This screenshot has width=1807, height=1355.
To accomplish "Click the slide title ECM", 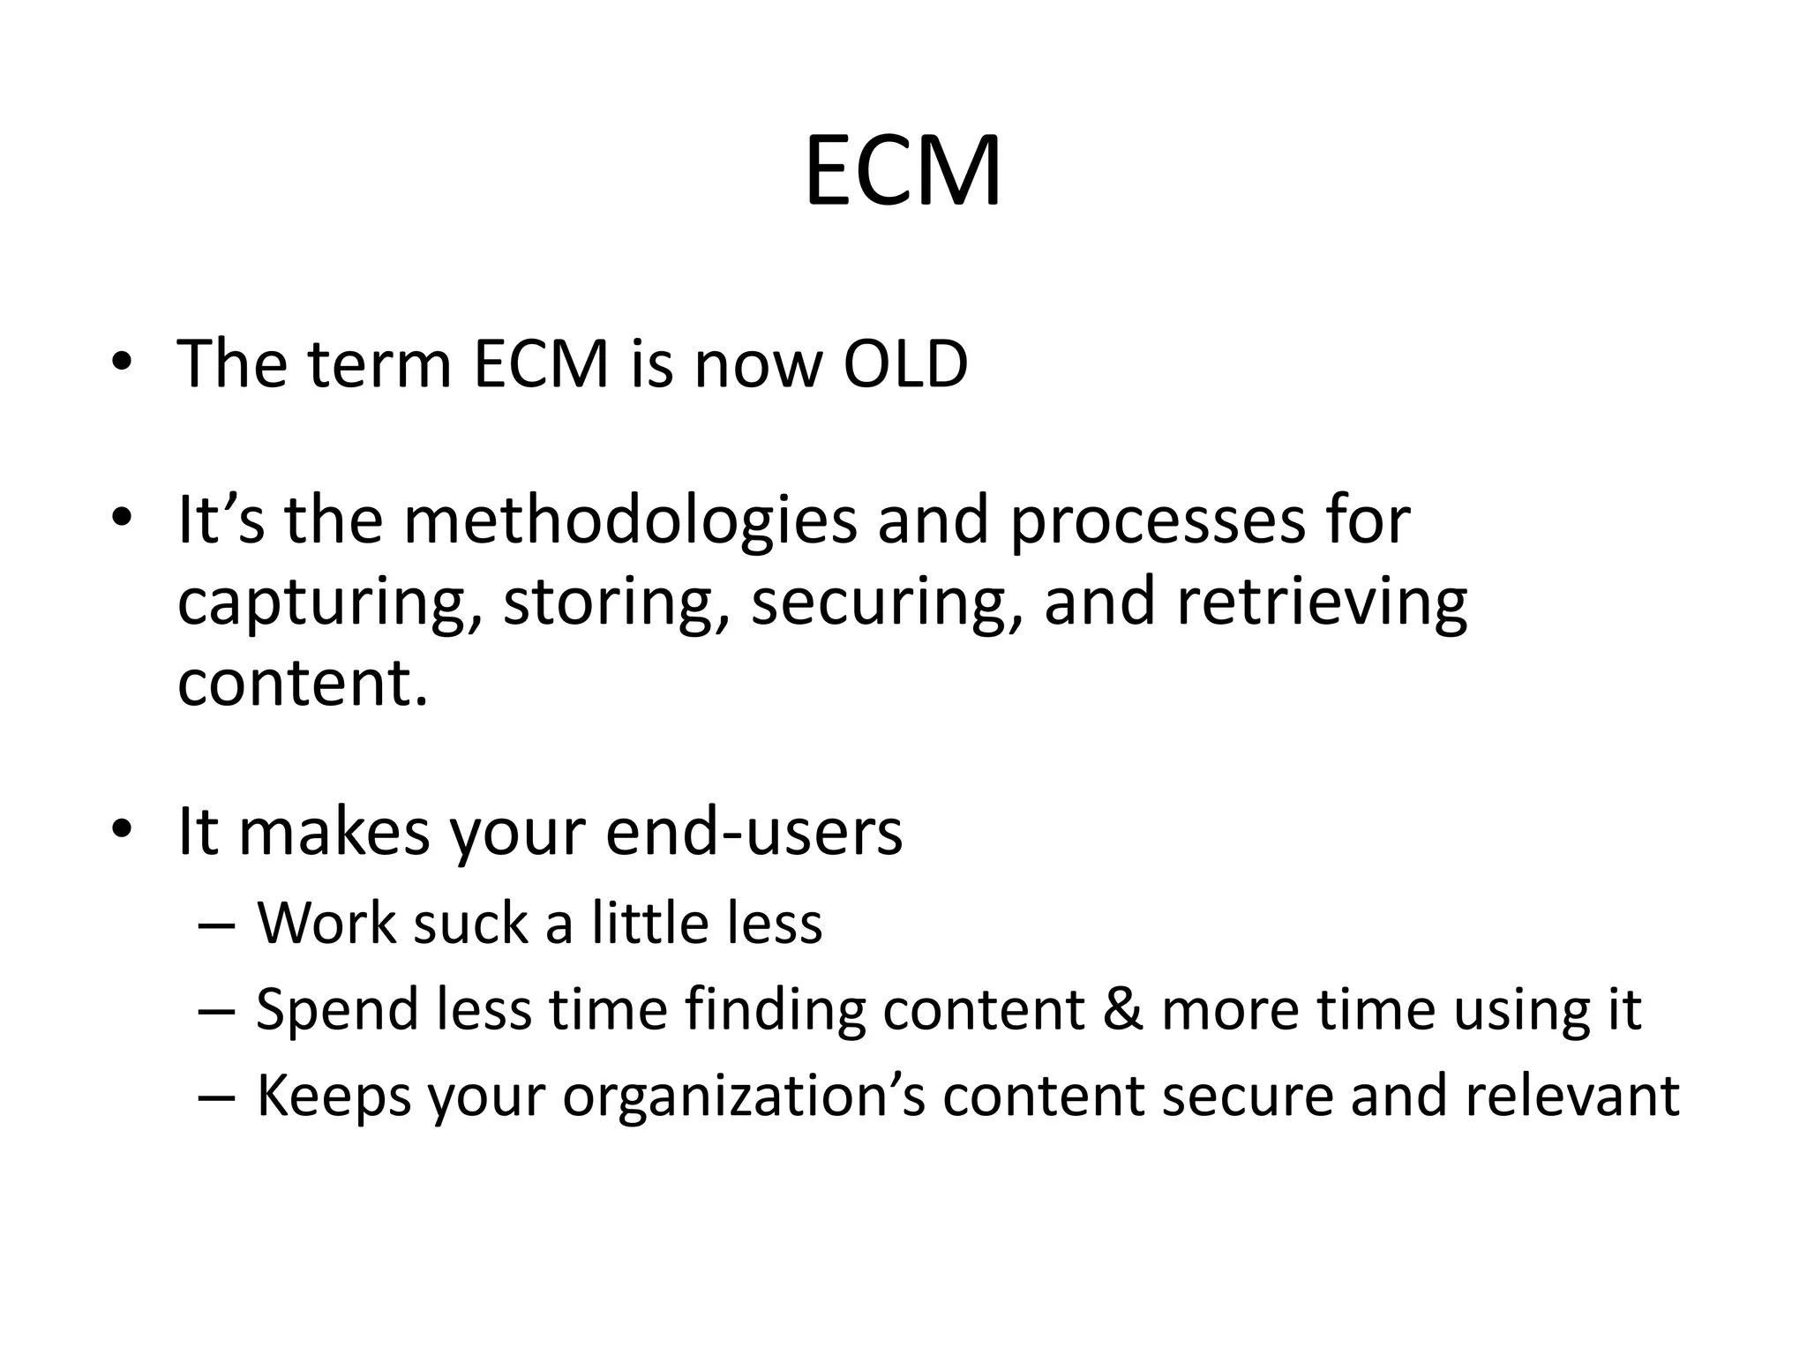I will coord(903,171).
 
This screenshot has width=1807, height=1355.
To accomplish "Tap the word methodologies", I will coord(630,520).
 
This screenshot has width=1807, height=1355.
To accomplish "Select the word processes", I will coord(1157,520).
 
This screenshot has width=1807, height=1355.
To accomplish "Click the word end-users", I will coord(754,831).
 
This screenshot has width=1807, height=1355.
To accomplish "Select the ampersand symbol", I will coord(1122,1008).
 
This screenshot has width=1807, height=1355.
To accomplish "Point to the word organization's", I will coord(744,1095).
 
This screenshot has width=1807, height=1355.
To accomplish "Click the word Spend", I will coord(336,1008).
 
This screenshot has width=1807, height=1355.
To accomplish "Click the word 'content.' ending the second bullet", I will coord(303,683).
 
